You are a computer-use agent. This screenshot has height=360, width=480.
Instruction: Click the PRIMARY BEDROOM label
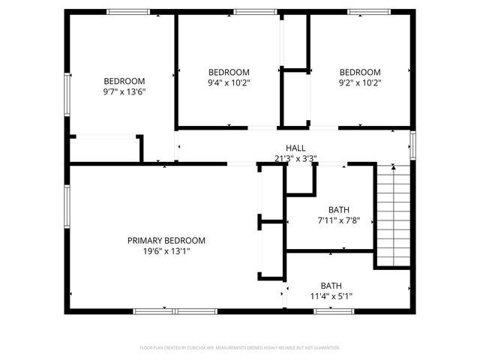pyautogui.click(x=166, y=240)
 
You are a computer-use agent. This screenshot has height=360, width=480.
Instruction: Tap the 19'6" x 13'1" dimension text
pyautogui.click(x=166, y=251)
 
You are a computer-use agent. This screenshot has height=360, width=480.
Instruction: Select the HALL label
pyautogui.click(x=295, y=148)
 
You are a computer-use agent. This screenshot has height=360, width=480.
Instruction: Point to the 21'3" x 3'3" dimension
pyautogui.click(x=295, y=158)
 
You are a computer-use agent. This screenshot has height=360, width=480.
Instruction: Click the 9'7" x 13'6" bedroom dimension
pyautogui.click(x=124, y=92)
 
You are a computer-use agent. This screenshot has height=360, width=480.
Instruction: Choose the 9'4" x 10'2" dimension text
pyautogui.click(x=229, y=82)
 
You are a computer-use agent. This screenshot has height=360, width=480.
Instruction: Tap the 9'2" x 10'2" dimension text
pyautogui.click(x=360, y=82)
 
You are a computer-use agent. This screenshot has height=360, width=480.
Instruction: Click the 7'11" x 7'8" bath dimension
pyautogui.click(x=339, y=220)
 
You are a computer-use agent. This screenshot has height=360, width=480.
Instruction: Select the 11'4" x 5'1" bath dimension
pyautogui.click(x=331, y=295)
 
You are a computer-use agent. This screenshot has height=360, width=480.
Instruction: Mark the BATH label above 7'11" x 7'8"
pyautogui.click(x=339, y=209)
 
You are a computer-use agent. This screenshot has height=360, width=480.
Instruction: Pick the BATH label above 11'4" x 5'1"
pyautogui.click(x=331, y=285)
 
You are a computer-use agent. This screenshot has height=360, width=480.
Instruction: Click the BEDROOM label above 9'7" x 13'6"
pyautogui.click(x=124, y=81)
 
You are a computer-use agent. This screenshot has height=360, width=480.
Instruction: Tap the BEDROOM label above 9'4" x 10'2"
pyautogui.click(x=229, y=72)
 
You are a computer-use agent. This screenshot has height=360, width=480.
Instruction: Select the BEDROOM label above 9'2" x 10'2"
pyautogui.click(x=360, y=72)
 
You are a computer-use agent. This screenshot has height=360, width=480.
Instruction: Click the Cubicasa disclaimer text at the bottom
pyautogui.click(x=240, y=348)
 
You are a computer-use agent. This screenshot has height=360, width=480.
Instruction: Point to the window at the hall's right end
pyautogui.click(x=412, y=144)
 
